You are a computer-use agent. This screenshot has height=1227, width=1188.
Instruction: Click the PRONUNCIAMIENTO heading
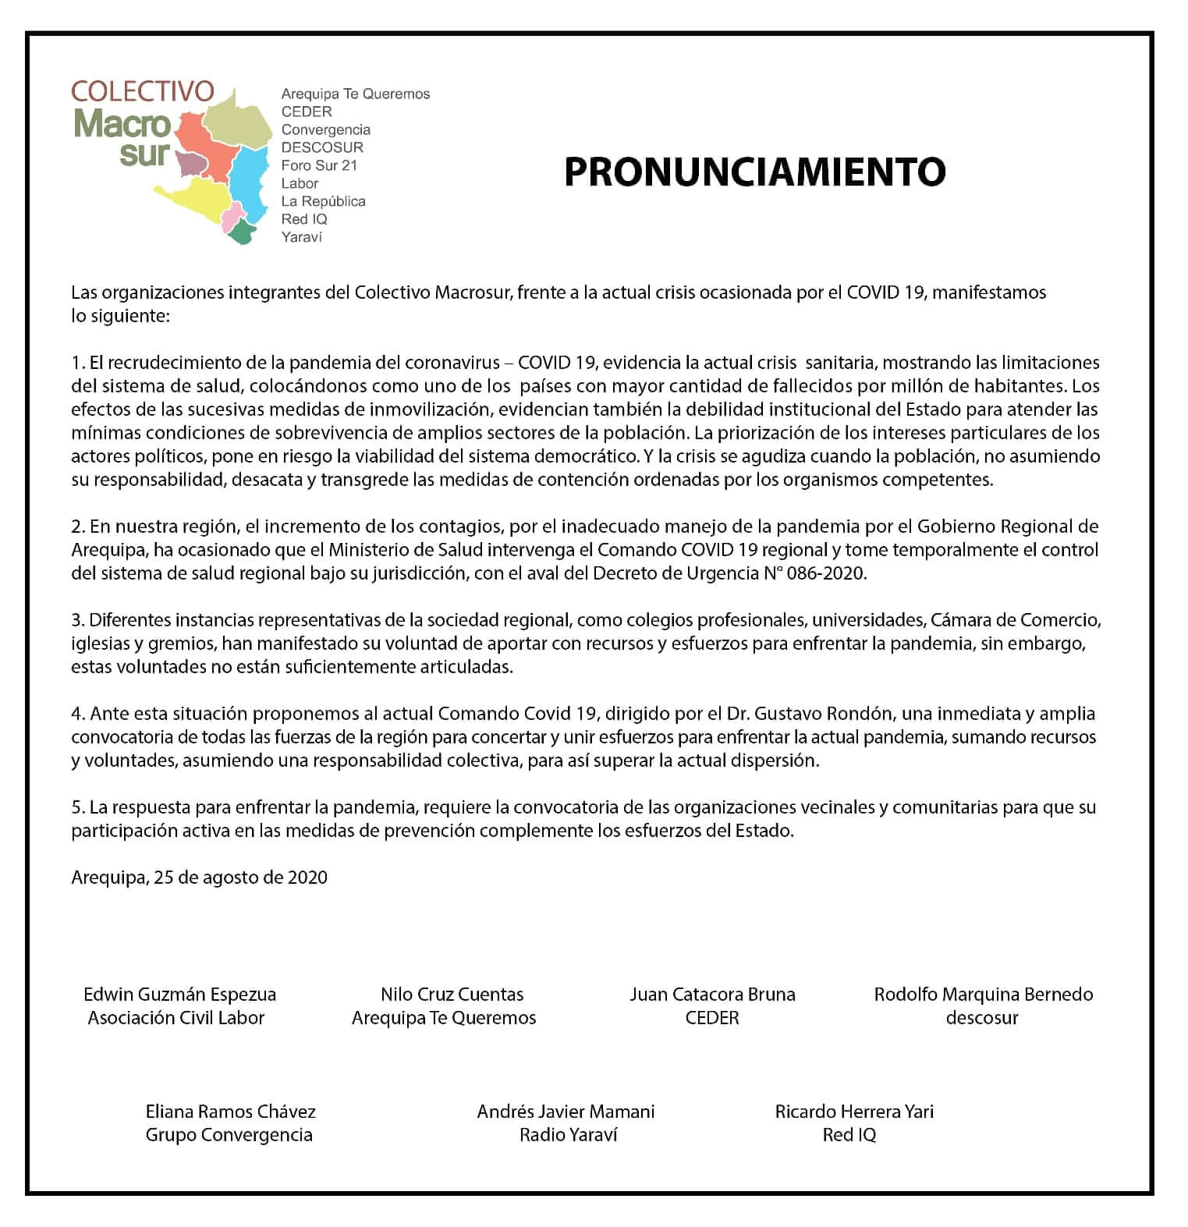click(754, 172)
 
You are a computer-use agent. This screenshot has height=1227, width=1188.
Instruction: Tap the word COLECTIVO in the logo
click(142, 91)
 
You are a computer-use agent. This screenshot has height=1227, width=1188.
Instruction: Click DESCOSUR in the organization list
click(322, 147)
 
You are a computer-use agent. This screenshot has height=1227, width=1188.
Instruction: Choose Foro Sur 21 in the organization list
click(319, 165)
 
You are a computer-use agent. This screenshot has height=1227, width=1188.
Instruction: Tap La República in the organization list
click(323, 201)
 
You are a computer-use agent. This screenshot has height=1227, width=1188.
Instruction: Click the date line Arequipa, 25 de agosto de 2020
click(199, 878)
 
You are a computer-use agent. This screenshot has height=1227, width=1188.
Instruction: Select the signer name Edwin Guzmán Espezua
click(179, 995)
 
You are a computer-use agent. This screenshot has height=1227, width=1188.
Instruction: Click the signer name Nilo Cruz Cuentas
click(452, 995)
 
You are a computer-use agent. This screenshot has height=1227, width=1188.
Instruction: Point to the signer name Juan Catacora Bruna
click(712, 995)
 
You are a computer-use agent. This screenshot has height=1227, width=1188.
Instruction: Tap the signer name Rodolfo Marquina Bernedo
click(983, 995)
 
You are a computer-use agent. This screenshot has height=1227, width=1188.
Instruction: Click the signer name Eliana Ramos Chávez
click(230, 1112)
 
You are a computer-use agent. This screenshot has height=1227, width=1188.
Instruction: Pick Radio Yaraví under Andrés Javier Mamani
click(568, 1135)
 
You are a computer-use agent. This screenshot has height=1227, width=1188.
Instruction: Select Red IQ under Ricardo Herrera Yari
click(849, 1135)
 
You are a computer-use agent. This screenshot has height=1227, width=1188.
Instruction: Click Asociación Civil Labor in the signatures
click(176, 1018)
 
